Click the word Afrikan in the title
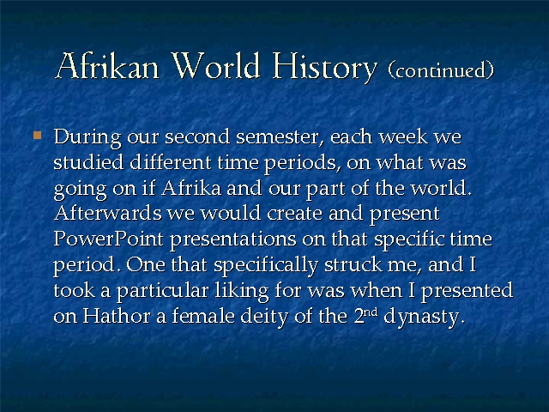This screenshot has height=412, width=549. [107, 65]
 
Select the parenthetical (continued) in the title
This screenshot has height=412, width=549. [441, 70]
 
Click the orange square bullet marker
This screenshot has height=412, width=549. [37, 136]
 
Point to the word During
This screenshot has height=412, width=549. [87, 137]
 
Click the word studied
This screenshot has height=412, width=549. [88, 162]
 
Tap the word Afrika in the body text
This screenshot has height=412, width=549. [191, 188]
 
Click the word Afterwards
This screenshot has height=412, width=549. [108, 213]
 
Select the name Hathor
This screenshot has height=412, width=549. [117, 316]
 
